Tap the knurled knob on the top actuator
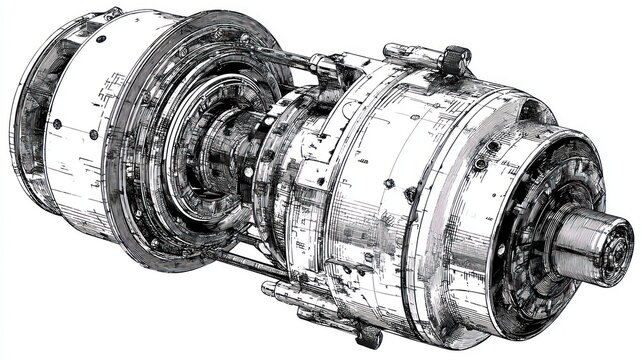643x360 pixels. [456, 59]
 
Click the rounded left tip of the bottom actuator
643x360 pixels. [268, 289]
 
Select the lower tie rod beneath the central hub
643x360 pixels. [250, 262]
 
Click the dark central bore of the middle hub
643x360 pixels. [215, 160]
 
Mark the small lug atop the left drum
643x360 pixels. [112, 14]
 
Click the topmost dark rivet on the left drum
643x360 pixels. [100, 39]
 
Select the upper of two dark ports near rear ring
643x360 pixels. [493, 147]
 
